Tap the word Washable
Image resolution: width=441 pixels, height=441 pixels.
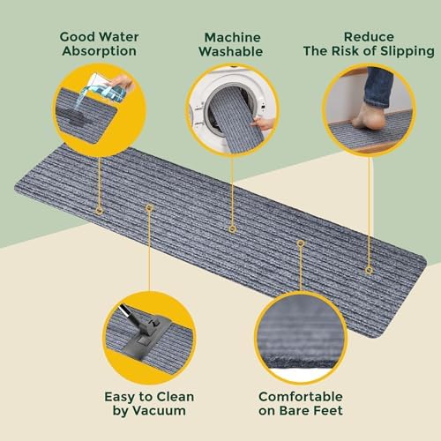coord(233,52)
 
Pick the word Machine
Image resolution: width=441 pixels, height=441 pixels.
coord(233,38)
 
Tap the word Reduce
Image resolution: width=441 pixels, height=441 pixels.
coord(369,38)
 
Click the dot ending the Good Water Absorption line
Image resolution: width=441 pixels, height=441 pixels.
coord(100,211)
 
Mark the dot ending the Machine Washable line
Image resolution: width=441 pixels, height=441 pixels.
coord(232,228)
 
